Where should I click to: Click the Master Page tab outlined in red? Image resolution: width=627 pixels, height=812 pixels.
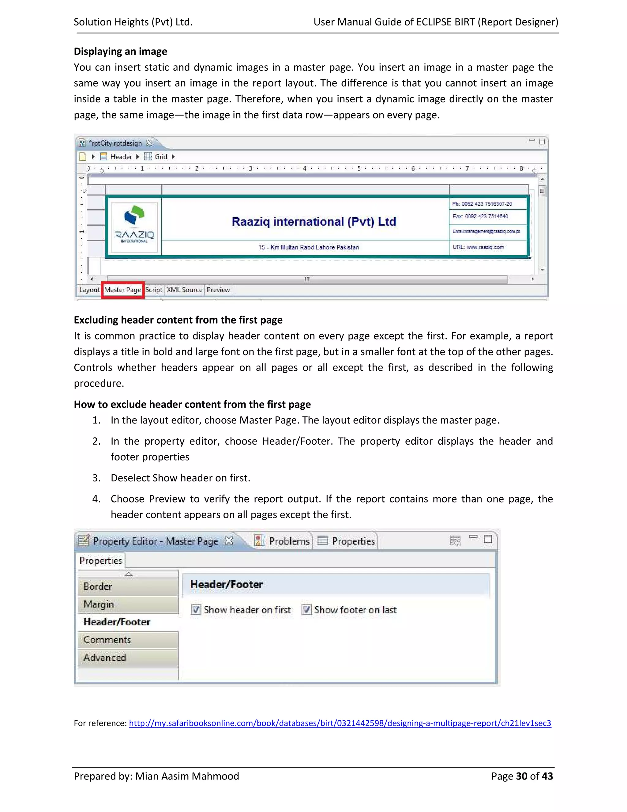point(122,290)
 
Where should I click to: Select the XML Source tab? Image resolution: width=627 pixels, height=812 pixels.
point(184,290)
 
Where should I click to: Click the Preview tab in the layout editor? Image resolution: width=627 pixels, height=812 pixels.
point(218,290)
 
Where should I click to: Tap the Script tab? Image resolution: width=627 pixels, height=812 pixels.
point(154,290)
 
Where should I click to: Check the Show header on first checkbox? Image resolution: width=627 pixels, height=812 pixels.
point(196,610)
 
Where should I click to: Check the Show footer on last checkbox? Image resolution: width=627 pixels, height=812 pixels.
point(306,610)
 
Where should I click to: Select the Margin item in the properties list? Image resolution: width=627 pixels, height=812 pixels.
point(99,605)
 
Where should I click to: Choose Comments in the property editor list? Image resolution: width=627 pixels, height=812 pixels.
point(107,640)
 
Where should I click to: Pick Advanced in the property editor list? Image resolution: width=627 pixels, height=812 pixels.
point(105,658)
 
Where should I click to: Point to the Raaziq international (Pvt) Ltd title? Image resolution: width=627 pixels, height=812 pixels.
point(314,222)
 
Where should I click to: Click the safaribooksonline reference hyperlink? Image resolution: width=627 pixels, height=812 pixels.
point(340,723)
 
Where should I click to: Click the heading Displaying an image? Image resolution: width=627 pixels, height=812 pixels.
point(120,51)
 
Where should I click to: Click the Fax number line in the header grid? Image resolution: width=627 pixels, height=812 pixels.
point(480,216)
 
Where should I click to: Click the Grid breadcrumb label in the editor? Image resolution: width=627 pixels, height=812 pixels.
point(161,157)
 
